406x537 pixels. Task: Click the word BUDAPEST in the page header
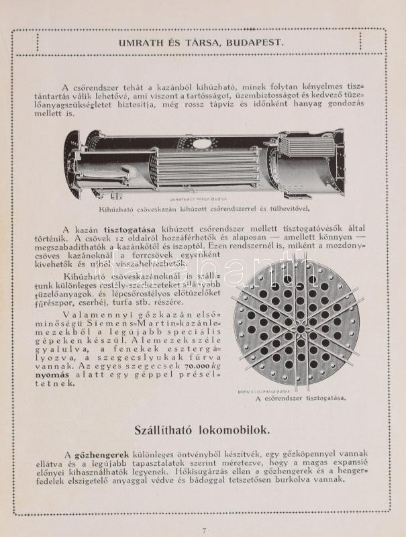[x=256, y=42]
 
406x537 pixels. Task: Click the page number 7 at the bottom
[x=203, y=530]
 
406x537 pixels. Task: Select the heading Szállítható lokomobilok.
[x=203, y=429]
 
